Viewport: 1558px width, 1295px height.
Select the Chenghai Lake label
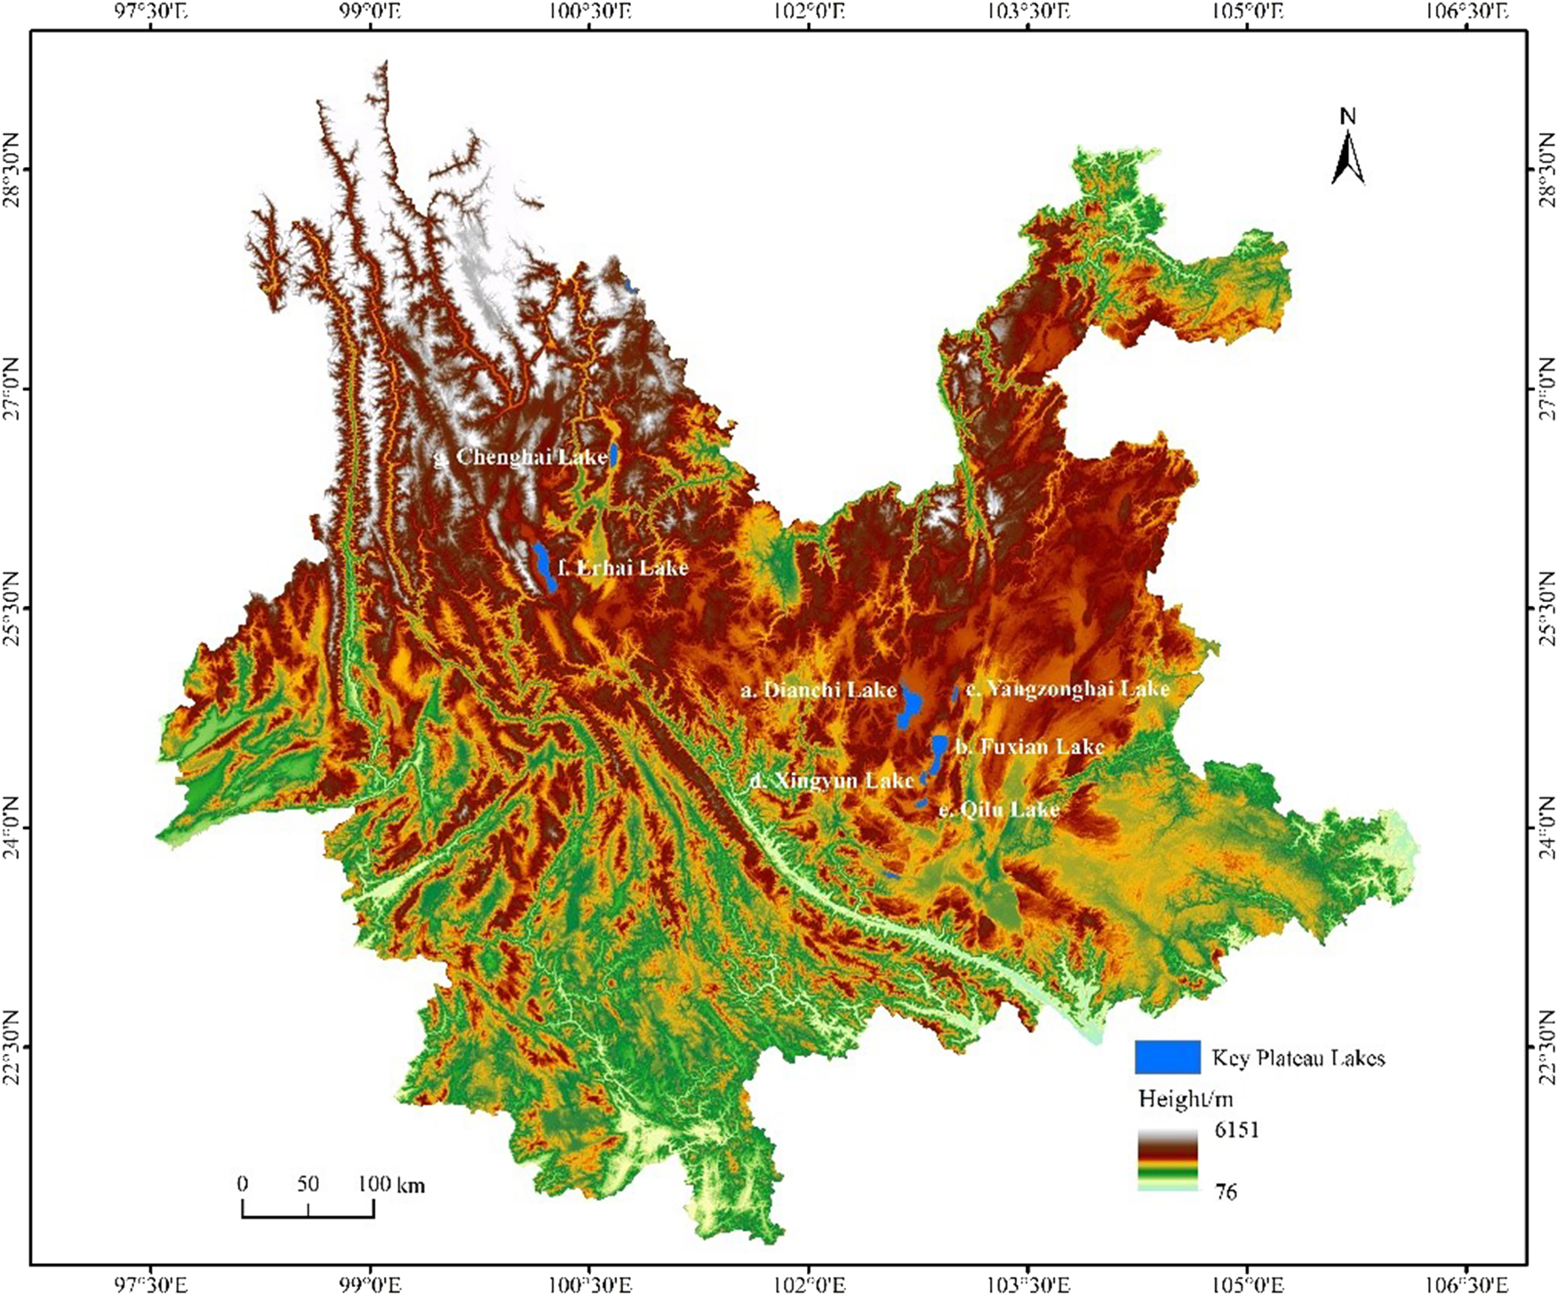coord(521,457)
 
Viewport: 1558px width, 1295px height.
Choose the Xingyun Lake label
coord(831,780)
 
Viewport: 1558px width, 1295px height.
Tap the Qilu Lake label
coord(999,810)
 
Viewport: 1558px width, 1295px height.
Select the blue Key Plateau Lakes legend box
coord(1167,1057)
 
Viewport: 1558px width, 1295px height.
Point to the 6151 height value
coord(1236,1131)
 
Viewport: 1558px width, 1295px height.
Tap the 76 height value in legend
coord(1226,1192)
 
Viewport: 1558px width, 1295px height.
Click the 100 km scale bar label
coord(391,1184)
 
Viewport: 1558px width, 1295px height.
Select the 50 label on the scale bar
coord(308,1184)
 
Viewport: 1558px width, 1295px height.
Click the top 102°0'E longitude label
coord(809,12)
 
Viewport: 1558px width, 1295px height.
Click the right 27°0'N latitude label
coord(1546,388)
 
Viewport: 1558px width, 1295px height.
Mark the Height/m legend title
coord(1185,1099)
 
